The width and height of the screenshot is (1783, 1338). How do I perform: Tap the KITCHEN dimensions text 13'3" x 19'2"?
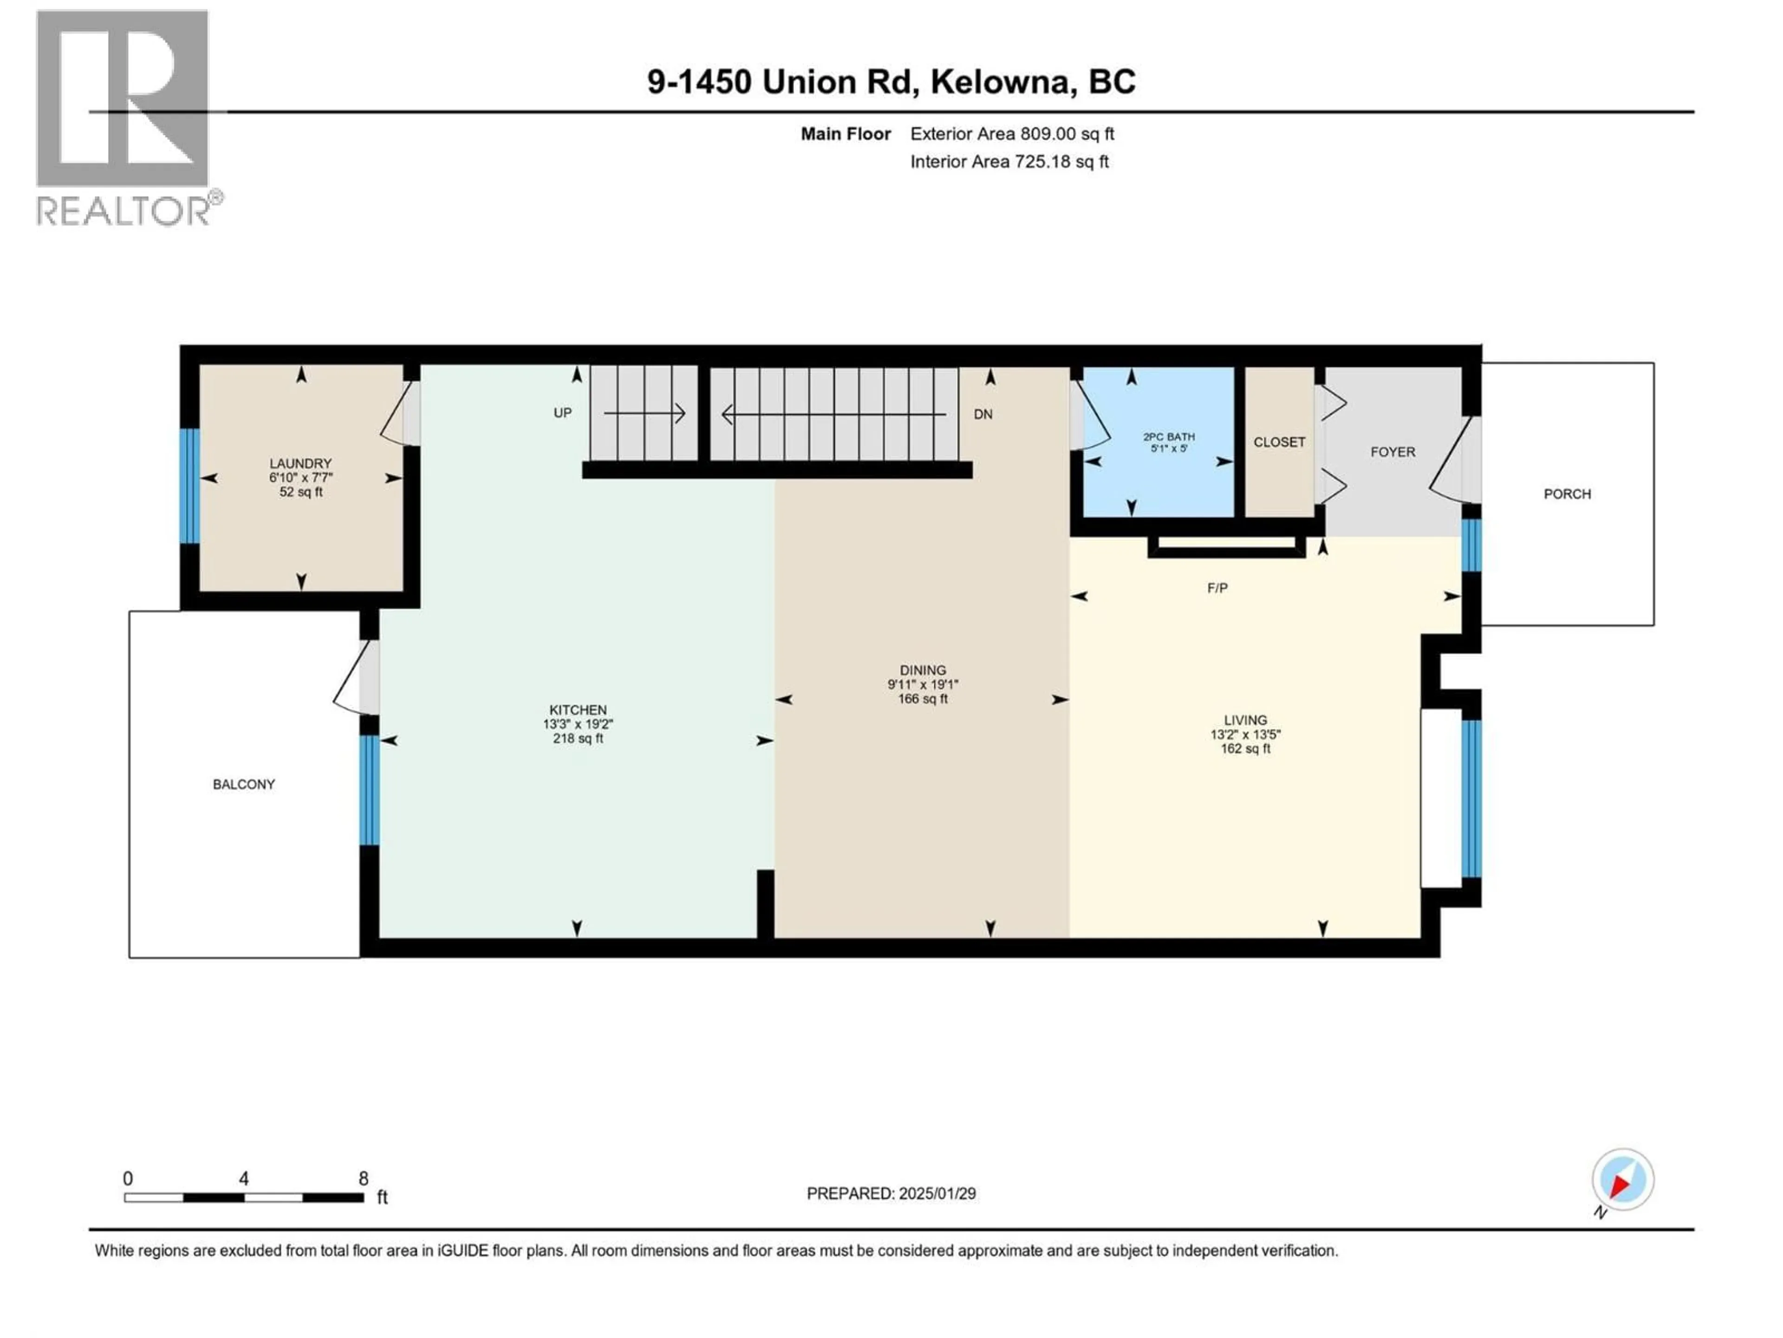tap(578, 724)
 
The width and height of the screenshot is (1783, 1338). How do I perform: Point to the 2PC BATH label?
tap(1169, 436)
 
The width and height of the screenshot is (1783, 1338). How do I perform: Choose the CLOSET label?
tap(1279, 442)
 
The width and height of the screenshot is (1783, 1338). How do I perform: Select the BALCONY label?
tap(243, 784)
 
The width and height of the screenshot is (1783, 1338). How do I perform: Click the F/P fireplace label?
tap(1217, 588)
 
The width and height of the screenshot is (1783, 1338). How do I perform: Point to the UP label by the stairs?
tap(563, 413)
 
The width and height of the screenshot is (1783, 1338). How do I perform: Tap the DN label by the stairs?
tap(983, 414)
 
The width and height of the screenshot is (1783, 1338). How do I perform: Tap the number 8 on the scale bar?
tap(364, 1178)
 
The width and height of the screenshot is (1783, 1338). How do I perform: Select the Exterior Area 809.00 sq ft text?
tap(1012, 134)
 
